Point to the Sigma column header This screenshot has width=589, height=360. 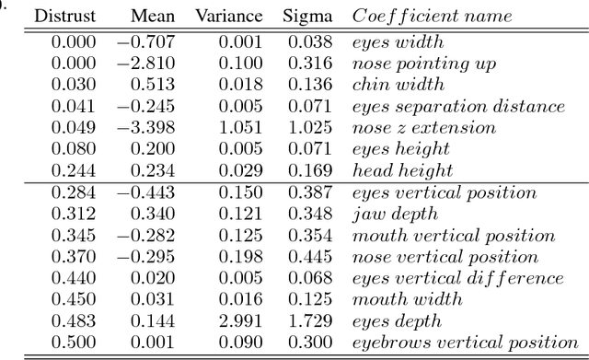(307, 17)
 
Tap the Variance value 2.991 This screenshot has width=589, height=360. (239, 321)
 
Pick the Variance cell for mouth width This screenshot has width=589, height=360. (239, 299)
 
